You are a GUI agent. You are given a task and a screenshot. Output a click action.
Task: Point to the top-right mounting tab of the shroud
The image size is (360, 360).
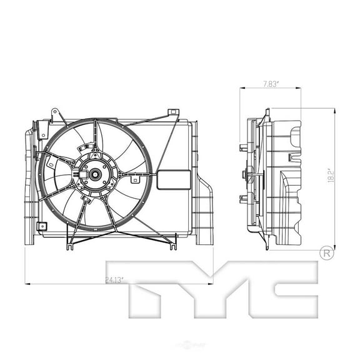(173, 114)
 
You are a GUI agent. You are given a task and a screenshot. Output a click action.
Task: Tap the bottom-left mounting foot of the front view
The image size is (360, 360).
(68, 246)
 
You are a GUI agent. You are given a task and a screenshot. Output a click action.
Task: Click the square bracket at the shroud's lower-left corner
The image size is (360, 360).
(41, 226)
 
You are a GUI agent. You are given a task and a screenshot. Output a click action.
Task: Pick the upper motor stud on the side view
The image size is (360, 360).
(243, 149)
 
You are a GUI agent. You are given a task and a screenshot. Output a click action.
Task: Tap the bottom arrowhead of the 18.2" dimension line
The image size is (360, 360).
(336, 246)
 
